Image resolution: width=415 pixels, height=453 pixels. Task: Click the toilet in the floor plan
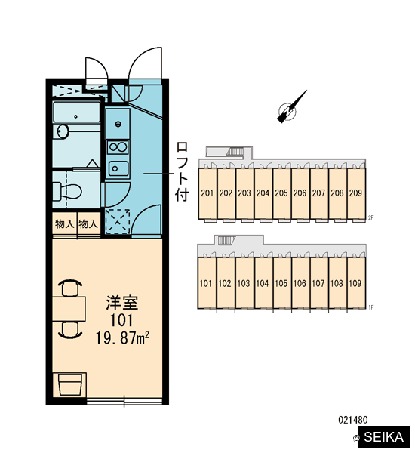click(67, 191)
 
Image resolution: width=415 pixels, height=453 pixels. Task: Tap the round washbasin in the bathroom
click(63, 131)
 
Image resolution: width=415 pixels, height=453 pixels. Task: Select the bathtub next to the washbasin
click(76, 112)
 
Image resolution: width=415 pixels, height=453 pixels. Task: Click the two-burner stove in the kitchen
click(118, 147)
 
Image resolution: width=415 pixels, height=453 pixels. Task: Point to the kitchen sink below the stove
click(118, 168)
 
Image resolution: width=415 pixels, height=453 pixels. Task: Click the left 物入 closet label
click(64, 224)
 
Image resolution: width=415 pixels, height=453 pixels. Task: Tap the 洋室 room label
click(122, 303)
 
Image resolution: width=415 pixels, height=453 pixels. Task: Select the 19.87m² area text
click(122, 338)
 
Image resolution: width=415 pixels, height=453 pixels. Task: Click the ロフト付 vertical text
click(183, 171)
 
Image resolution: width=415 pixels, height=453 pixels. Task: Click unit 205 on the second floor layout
click(281, 193)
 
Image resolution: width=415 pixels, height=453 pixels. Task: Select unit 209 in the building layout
click(355, 193)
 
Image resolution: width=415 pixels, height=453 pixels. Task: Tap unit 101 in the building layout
click(206, 283)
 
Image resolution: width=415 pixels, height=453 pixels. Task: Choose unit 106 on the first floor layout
click(300, 283)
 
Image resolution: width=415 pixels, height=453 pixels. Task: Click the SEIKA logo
click(383, 437)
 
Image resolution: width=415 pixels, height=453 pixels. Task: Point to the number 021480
click(353, 420)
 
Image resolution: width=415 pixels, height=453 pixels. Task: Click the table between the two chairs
click(69, 309)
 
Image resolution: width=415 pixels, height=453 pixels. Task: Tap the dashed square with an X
click(117, 221)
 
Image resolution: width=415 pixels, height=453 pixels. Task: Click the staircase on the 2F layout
click(235, 152)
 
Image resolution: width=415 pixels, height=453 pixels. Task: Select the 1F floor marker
click(371, 307)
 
